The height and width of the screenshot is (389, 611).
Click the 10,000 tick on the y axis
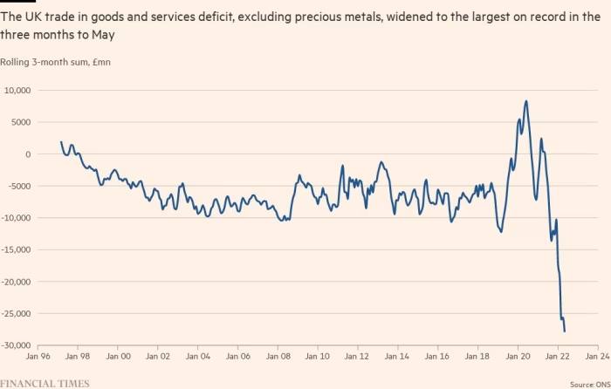coord(17,91)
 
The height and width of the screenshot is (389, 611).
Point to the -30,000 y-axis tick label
coord(16,346)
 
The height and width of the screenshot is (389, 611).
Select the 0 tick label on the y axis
coord(28,154)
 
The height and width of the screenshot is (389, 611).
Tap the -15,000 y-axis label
coord(16,250)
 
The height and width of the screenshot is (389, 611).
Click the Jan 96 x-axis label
coord(38,357)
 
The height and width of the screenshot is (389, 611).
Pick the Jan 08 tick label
coord(278,357)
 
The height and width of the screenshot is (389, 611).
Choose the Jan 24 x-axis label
coord(598,357)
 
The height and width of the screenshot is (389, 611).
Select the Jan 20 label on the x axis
coord(518,357)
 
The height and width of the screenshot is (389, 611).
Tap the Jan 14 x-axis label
coord(398,357)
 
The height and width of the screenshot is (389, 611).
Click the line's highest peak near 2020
coord(525,101)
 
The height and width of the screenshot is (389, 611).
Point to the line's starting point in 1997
coord(61,141)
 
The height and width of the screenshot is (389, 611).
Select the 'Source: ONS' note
coord(588,383)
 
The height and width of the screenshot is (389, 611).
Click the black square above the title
coord(16,4)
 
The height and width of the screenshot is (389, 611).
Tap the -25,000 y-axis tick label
coord(16,314)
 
